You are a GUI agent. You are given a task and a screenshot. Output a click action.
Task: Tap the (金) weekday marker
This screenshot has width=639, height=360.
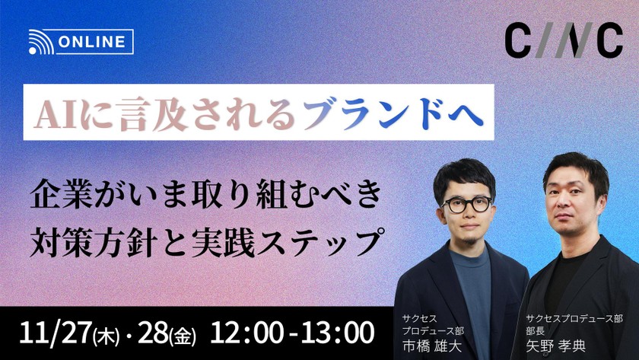pos(183,334)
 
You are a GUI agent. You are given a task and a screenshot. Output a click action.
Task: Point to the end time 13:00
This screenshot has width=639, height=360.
pos(335,332)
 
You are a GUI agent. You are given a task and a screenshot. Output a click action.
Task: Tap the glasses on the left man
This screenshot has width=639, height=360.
pos(465,205)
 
